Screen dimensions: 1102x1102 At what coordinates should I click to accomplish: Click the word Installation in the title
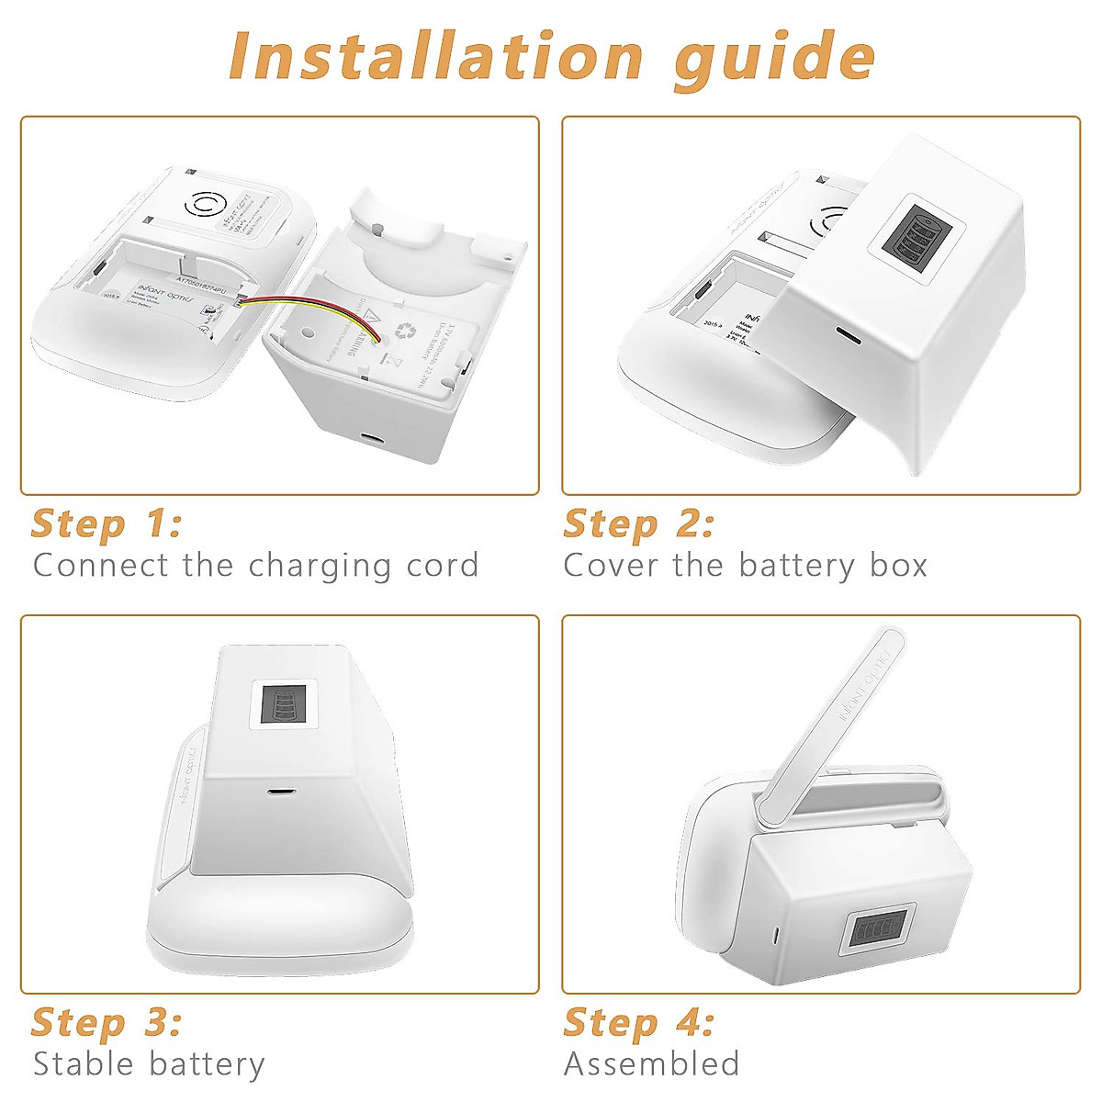[436, 57]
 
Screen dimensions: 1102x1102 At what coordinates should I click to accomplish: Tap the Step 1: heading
[107, 524]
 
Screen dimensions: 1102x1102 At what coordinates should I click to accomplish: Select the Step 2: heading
[638, 524]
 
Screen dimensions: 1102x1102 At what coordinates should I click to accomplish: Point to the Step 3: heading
[107, 1023]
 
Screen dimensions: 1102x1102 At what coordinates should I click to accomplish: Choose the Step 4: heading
[638, 1023]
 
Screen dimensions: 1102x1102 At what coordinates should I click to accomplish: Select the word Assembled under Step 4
[651, 1064]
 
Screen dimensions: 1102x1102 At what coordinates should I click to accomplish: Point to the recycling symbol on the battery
[405, 331]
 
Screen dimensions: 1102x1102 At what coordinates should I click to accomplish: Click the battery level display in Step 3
[283, 704]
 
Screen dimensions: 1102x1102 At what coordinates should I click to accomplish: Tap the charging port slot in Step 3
[276, 790]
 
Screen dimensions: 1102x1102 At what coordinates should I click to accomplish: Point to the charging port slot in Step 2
[848, 336]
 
